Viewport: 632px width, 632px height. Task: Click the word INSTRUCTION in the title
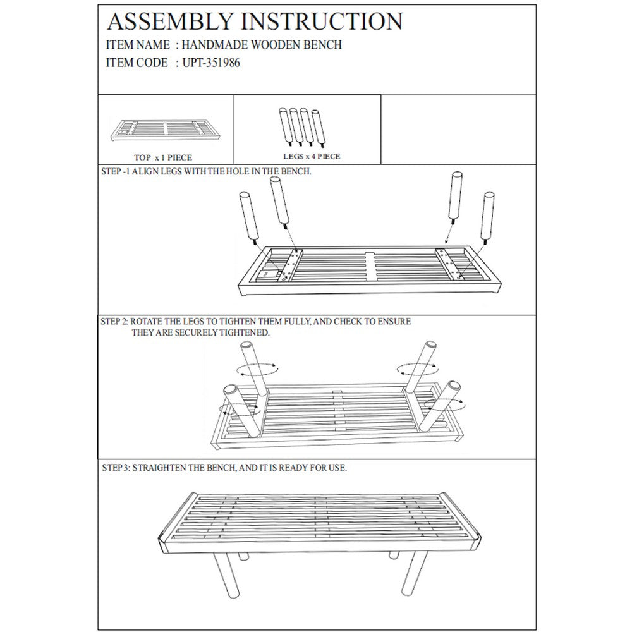click(322, 21)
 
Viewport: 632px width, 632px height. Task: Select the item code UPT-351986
click(211, 63)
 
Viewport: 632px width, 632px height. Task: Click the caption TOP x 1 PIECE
click(163, 157)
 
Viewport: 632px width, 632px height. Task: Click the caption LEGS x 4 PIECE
click(312, 156)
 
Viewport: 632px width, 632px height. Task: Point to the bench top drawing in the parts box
click(165, 131)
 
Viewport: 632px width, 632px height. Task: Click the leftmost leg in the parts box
click(284, 126)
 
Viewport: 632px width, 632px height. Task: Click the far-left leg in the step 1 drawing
click(248, 217)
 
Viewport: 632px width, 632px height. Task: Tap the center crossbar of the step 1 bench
click(370, 267)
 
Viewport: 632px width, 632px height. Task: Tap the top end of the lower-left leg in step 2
click(231, 390)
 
